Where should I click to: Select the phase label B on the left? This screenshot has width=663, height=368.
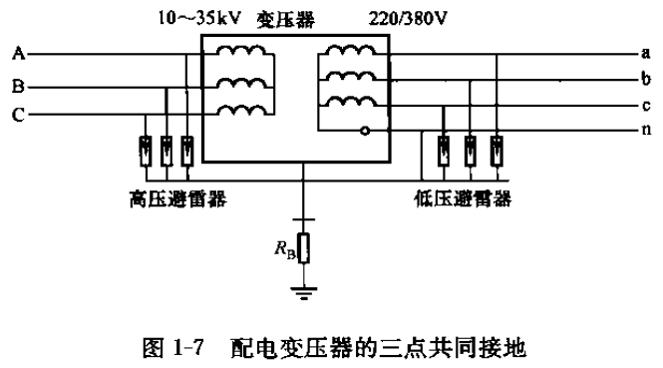click(18, 88)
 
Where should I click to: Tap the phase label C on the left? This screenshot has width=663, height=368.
click(18, 116)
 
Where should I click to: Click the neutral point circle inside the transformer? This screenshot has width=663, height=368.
click(365, 130)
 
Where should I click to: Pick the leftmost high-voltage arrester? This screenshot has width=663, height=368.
click(146, 150)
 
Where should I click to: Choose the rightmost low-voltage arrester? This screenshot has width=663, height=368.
click(497, 150)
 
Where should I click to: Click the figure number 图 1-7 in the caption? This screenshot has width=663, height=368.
click(183, 348)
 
